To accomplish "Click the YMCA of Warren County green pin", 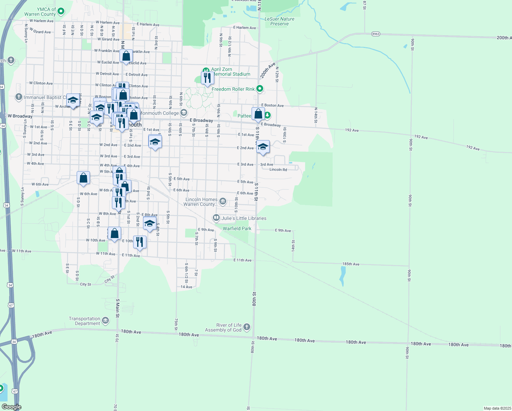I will (61, 11).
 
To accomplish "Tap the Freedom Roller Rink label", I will (233, 89).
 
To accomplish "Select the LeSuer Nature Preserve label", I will (279, 21).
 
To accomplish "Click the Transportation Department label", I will (85, 321).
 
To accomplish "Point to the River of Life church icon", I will (246, 327).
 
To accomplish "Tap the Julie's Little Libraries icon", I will (216, 218).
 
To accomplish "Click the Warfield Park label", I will (237, 228).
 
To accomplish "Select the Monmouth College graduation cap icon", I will (184, 113).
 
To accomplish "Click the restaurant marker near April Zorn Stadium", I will (207, 78).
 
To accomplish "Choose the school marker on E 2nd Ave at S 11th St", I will (263, 147).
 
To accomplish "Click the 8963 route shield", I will (375, 34).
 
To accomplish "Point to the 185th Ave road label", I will (351, 264).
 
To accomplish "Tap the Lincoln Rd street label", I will (278, 170).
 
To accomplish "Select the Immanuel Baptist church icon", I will (19, 97).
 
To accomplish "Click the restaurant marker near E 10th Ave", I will (140, 242).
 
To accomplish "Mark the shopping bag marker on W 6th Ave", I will (84, 178).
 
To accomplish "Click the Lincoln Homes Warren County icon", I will (223, 201).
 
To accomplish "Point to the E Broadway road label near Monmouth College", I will (201, 120).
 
